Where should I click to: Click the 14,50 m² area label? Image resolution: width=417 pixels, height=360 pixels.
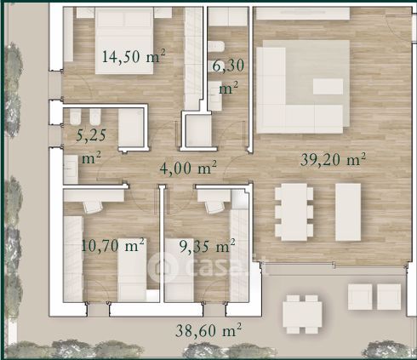[x=134, y=56]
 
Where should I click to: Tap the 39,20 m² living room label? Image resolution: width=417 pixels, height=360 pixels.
[x=333, y=159]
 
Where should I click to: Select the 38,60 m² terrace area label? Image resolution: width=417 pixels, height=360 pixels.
[x=208, y=330]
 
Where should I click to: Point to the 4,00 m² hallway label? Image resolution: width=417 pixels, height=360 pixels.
[x=188, y=168]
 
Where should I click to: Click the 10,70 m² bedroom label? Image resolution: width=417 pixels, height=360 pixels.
[x=113, y=245]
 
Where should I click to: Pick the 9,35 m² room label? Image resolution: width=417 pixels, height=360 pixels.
[x=208, y=246]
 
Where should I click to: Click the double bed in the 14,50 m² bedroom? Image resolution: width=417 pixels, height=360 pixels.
[x=124, y=41]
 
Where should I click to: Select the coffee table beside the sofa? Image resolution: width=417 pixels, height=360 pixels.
[x=328, y=87]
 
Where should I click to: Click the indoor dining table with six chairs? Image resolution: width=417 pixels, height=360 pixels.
[x=294, y=212]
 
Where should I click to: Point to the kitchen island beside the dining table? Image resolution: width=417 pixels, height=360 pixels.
[x=348, y=212]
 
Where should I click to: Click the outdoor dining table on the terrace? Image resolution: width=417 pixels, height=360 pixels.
[x=302, y=314]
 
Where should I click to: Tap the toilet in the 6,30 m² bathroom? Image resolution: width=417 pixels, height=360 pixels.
[x=216, y=47]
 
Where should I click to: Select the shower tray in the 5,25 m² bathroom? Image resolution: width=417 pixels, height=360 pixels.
[x=131, y=128]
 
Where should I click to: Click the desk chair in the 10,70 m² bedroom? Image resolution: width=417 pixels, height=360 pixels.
[x=93, y=206]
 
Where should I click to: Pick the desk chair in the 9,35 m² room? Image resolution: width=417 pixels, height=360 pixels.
[x=214, y=207]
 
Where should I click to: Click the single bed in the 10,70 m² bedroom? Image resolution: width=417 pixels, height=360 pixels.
[x=132, y=270]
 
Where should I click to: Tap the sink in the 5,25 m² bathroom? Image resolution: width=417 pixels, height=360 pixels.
[x=71, y=169]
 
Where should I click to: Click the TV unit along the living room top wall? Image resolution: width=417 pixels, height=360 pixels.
[x=303, y=14]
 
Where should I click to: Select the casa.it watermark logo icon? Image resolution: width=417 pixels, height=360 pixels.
[x=163, y=266]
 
